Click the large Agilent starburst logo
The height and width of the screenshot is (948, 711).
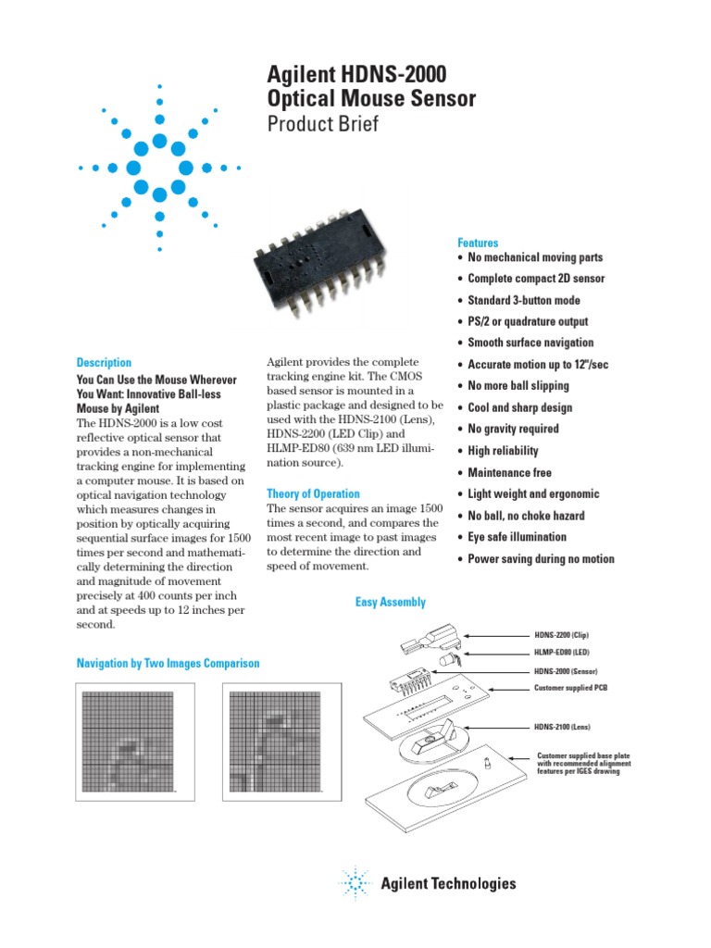[159, 168]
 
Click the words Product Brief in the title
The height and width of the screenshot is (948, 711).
[322, 124]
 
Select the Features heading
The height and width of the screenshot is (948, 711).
[478, 243]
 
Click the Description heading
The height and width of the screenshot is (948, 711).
[104, 363]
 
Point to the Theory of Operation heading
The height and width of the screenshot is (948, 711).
[313, 494]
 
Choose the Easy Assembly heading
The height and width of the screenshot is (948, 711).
[391, 603]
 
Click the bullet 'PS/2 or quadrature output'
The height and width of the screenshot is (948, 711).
[528, 321]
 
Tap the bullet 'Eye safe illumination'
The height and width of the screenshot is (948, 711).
[517, 537]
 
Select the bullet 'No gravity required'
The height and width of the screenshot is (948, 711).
[513, 429]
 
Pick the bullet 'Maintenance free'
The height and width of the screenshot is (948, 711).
[509, 472]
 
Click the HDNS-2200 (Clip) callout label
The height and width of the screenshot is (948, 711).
[561, 635]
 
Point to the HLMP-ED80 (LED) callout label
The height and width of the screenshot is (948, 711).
[561, 653]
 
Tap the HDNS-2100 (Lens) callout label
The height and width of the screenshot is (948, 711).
[562, 727]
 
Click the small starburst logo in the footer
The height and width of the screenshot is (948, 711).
[355, 883]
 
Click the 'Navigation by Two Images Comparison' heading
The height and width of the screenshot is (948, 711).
[168, 664]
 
